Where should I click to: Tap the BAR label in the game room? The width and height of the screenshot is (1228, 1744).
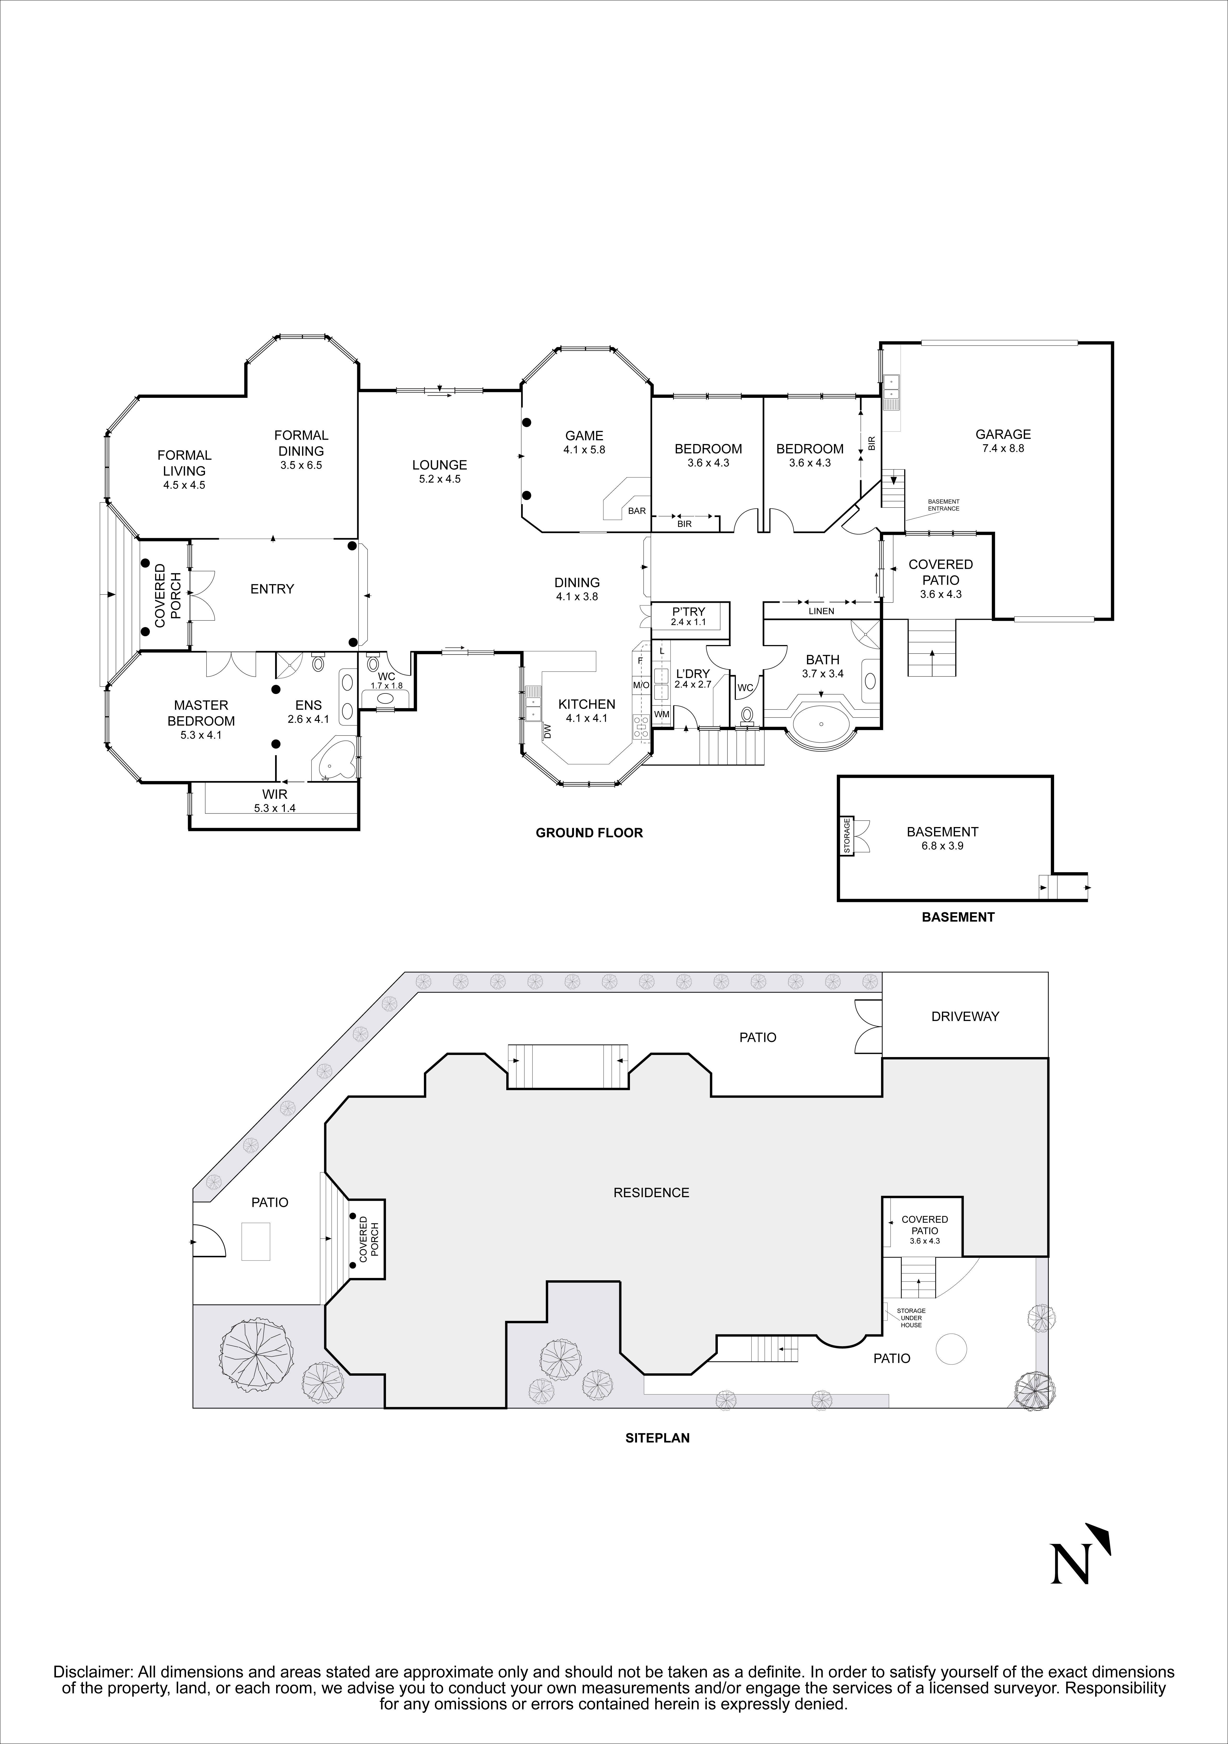click(637, 511)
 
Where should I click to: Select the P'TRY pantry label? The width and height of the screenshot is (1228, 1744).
click(689, 611)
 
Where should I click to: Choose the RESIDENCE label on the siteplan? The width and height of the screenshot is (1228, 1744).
click(651, 1192)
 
